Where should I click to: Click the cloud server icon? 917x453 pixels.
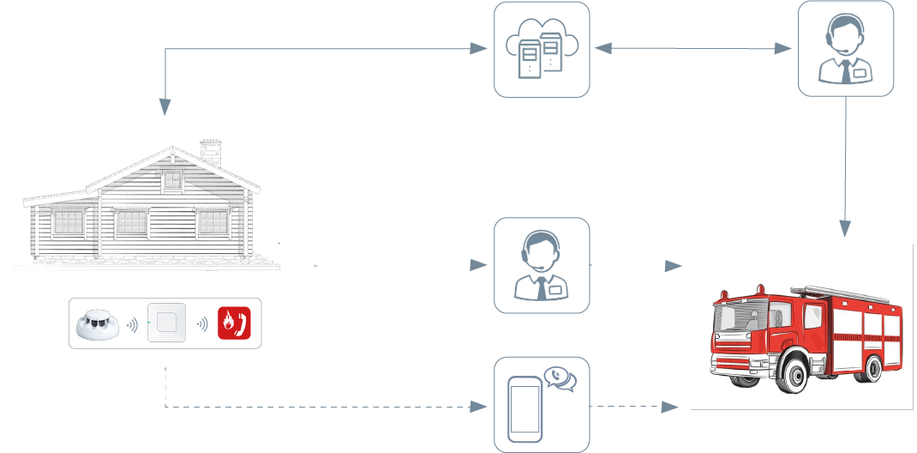pos(542,50)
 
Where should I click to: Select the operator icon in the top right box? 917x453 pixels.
pos(846,50)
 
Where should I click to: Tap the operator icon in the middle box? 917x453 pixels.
pos(542,266)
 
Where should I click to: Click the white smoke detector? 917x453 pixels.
pos(98,324)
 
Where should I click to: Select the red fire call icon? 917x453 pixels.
pos(234,323)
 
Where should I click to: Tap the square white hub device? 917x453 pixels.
pos(166,323)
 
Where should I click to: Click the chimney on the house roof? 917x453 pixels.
pos(210,152)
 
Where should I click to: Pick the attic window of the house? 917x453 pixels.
pos(173,180)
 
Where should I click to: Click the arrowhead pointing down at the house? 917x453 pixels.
pos(165,106)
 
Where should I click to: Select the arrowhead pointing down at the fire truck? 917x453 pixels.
pos(846,228)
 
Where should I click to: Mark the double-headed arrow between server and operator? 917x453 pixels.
pos(692,49)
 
